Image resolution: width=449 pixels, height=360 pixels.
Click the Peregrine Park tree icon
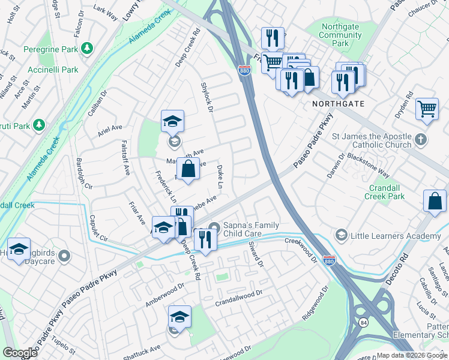88,47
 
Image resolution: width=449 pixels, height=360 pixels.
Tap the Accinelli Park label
55,70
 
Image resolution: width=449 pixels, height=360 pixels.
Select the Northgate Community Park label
340,35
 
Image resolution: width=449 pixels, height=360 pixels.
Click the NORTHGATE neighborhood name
338,104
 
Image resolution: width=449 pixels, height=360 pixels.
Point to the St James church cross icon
421,140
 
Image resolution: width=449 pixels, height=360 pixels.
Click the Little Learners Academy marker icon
342,233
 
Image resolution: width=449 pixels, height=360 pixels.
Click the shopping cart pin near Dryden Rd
426,109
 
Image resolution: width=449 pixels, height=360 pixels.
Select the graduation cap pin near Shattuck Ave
179,316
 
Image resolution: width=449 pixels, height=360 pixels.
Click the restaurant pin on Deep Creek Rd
205,239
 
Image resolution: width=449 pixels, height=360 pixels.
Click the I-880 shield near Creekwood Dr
328,261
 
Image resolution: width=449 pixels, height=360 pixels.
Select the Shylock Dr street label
206,97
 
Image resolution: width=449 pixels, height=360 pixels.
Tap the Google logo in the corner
20,353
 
